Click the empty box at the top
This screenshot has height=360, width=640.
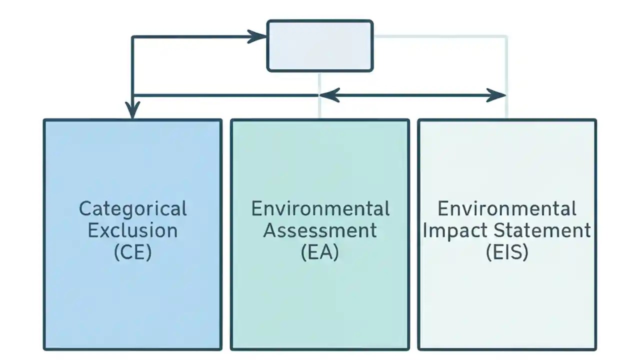pyautogui.click(x=320, y=45)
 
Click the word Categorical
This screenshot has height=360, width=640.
pyautogui.click(x=132, y=208)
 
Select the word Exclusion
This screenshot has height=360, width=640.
pyautogui.click(x=132, y=230)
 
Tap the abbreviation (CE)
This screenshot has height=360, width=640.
pyautogui.click(x=132, y=252)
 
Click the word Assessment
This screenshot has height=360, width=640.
pyautogui.click(x=320, y=230)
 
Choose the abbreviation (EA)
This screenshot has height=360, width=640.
pyautogui.click(x=320, y=252)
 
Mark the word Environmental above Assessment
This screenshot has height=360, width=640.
pyautogui.click(x=320, y=208)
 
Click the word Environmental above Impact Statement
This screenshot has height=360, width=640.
pyautogui.click(x=507, y=208)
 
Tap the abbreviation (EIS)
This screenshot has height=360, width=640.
pyautogui.click(x=507, y=252)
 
